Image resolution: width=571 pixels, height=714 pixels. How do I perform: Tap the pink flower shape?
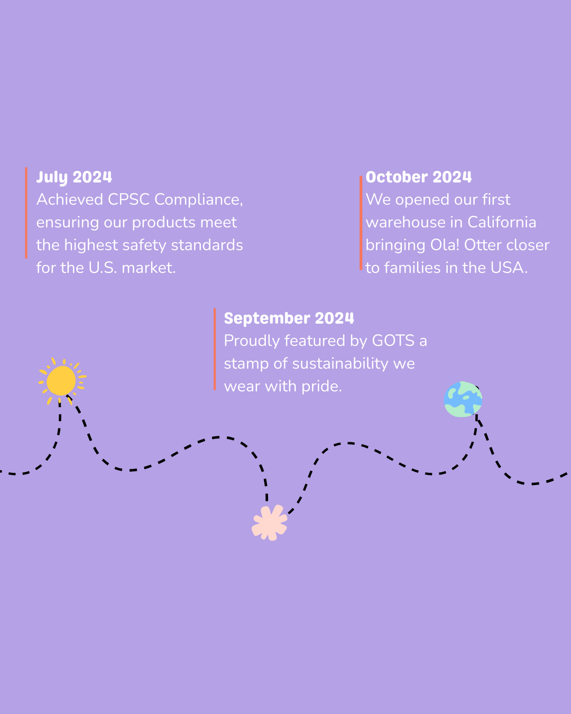pos(270,523)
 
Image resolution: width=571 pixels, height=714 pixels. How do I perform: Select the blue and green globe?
pos(463,399)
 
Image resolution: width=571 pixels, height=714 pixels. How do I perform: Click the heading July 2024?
pos(74,177)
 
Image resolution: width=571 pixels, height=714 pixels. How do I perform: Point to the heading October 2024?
pos(418,177)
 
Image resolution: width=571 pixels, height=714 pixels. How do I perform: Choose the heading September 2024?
pos(289,318)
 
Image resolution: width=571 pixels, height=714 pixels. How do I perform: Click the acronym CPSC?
pos(128,199)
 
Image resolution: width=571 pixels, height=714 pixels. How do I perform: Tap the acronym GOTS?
pos(393,341)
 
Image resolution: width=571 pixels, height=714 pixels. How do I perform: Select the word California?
pos(502,222)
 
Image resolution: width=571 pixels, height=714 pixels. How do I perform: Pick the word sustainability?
pos(340,364)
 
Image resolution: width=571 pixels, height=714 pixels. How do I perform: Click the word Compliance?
pos(198,200)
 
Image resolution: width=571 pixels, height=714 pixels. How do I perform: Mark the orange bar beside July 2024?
pos(26,213)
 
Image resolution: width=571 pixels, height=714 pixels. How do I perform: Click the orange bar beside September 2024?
pos(215,349)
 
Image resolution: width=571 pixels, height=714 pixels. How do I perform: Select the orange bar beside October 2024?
pos(361,223)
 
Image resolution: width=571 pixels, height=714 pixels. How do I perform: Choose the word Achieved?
pos(70,199)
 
